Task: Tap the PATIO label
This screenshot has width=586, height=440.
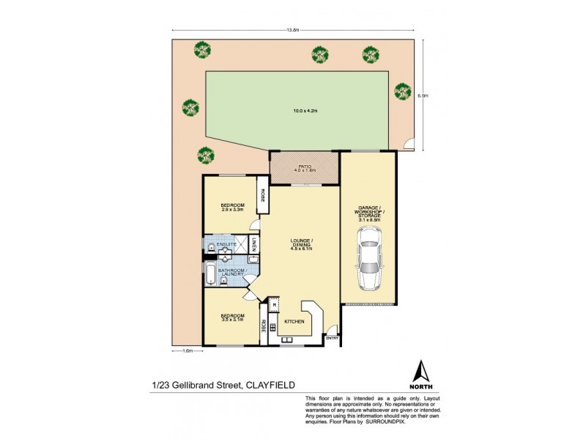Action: pyautogui.click(x=304, y=166)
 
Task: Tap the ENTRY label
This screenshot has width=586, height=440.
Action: pyautogui.click(x=332, y=338)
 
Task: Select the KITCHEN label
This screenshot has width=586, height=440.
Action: pyautogui.click(x=294, y=321)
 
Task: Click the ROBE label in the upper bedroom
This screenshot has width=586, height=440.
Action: pyautogui.click(x=261, y=197)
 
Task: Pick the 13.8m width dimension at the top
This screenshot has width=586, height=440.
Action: pyautogui.click(x=293, y=30)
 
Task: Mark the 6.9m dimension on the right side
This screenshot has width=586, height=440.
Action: pyautogui.click(x=422, y=95)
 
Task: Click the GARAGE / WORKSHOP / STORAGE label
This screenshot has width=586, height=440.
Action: pyautogui.click(x=368, y=213)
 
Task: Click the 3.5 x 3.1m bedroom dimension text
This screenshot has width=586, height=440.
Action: pyautogui.click(x=232, y=319)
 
